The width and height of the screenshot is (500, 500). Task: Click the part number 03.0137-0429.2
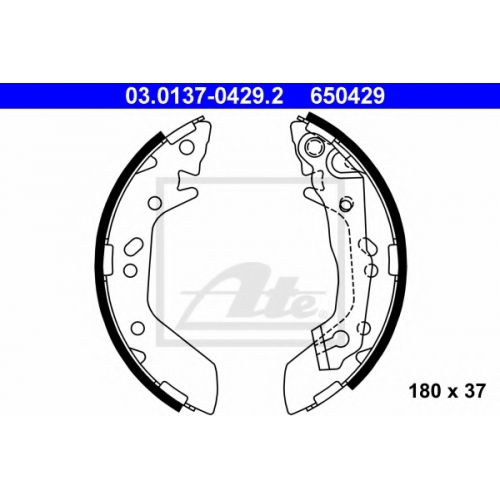(204, 96)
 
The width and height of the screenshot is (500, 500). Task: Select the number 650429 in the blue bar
(348, 96)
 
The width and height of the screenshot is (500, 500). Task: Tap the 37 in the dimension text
(474, 391)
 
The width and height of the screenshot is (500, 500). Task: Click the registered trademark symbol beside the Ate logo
(323, 314)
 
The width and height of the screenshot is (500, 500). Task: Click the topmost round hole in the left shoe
(187, 147)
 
